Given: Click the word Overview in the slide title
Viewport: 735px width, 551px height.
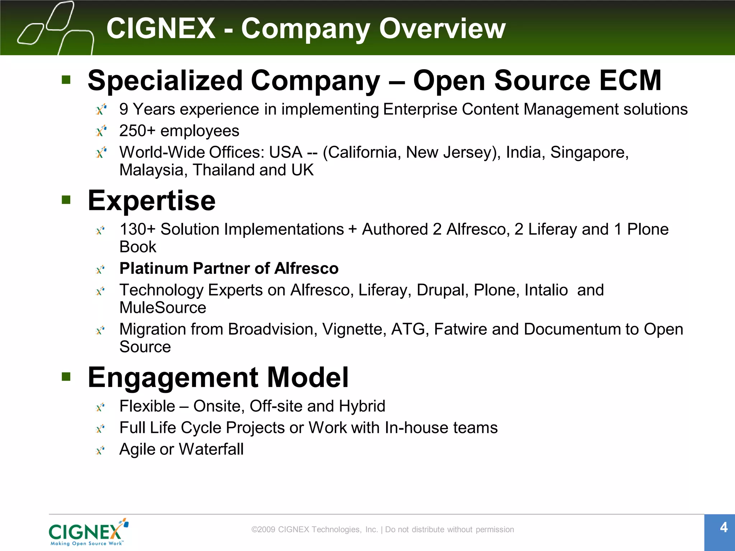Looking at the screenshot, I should coord(442,29).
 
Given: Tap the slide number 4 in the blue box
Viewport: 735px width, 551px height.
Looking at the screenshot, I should coord(724,527).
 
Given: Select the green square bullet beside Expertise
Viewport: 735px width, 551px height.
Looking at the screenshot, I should coord(66,199).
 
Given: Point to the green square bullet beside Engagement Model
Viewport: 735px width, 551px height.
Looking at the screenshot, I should coord(66,376).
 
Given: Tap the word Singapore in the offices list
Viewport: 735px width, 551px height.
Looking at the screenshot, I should coord(589,152).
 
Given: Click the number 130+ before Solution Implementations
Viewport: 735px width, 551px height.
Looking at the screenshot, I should coord(137,229).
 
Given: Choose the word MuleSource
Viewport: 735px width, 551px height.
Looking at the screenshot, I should coord(163,308).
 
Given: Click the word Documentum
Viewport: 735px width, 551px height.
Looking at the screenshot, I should coord(572,329).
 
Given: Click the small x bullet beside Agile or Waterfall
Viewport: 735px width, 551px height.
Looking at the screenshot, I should coord(100,450).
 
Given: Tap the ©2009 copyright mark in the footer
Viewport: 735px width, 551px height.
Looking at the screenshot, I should coord(263,529).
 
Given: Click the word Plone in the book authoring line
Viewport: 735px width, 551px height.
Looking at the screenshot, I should coord(648,229).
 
